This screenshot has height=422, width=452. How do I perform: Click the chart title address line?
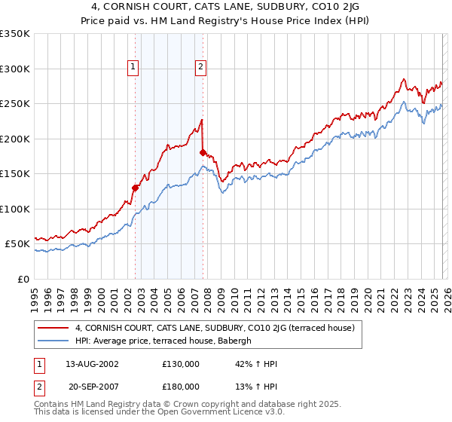(225, 8)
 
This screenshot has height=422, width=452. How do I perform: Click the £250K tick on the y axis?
(15, 103)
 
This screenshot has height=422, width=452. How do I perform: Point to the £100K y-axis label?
(15, 209)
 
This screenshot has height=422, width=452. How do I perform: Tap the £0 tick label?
(23, 279)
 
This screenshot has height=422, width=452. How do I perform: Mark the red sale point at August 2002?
(136, 188)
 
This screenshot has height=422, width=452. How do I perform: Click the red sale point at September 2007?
(203, 152)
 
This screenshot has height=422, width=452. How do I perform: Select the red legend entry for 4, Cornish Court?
(219, 328)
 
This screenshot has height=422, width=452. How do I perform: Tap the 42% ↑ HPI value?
(256, 364)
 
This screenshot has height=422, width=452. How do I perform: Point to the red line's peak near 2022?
(405, 78)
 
